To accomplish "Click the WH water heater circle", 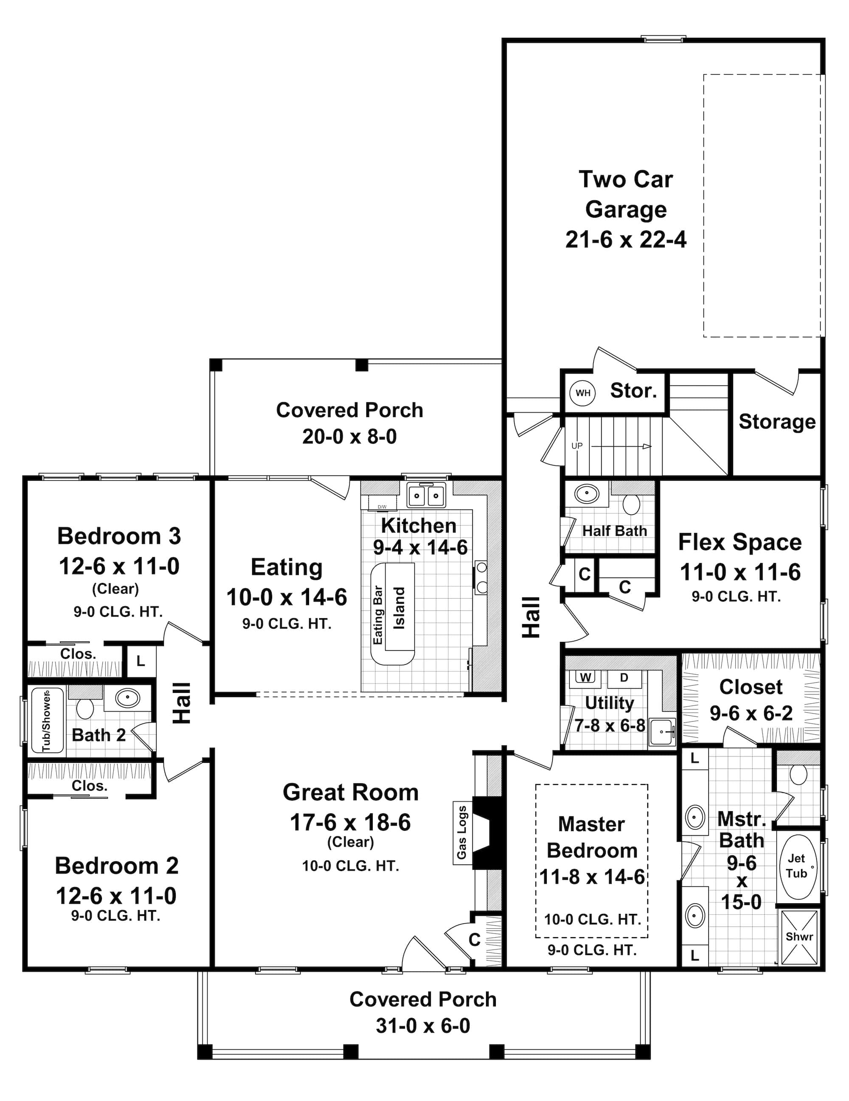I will click(583, 393).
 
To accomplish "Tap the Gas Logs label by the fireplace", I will click(461, 832).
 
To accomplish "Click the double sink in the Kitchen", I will click(426, 496).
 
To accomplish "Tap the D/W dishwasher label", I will click(382, 507).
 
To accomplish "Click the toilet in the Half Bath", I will click(632, 504).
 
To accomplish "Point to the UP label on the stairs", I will click(576, 445).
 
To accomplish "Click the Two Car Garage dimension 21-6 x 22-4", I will click(626, 239).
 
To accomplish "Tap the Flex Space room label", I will click(739, 542).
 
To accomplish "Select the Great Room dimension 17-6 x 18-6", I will click(350, 823).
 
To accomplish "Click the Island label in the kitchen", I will click(399, 608).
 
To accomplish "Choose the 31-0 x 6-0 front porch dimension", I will click(423, 1026).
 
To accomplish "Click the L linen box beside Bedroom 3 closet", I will click(140, 661).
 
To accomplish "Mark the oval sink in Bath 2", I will click(128, 698).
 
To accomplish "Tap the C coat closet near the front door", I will click(474, 940).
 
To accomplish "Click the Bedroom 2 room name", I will click(117, 866).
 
